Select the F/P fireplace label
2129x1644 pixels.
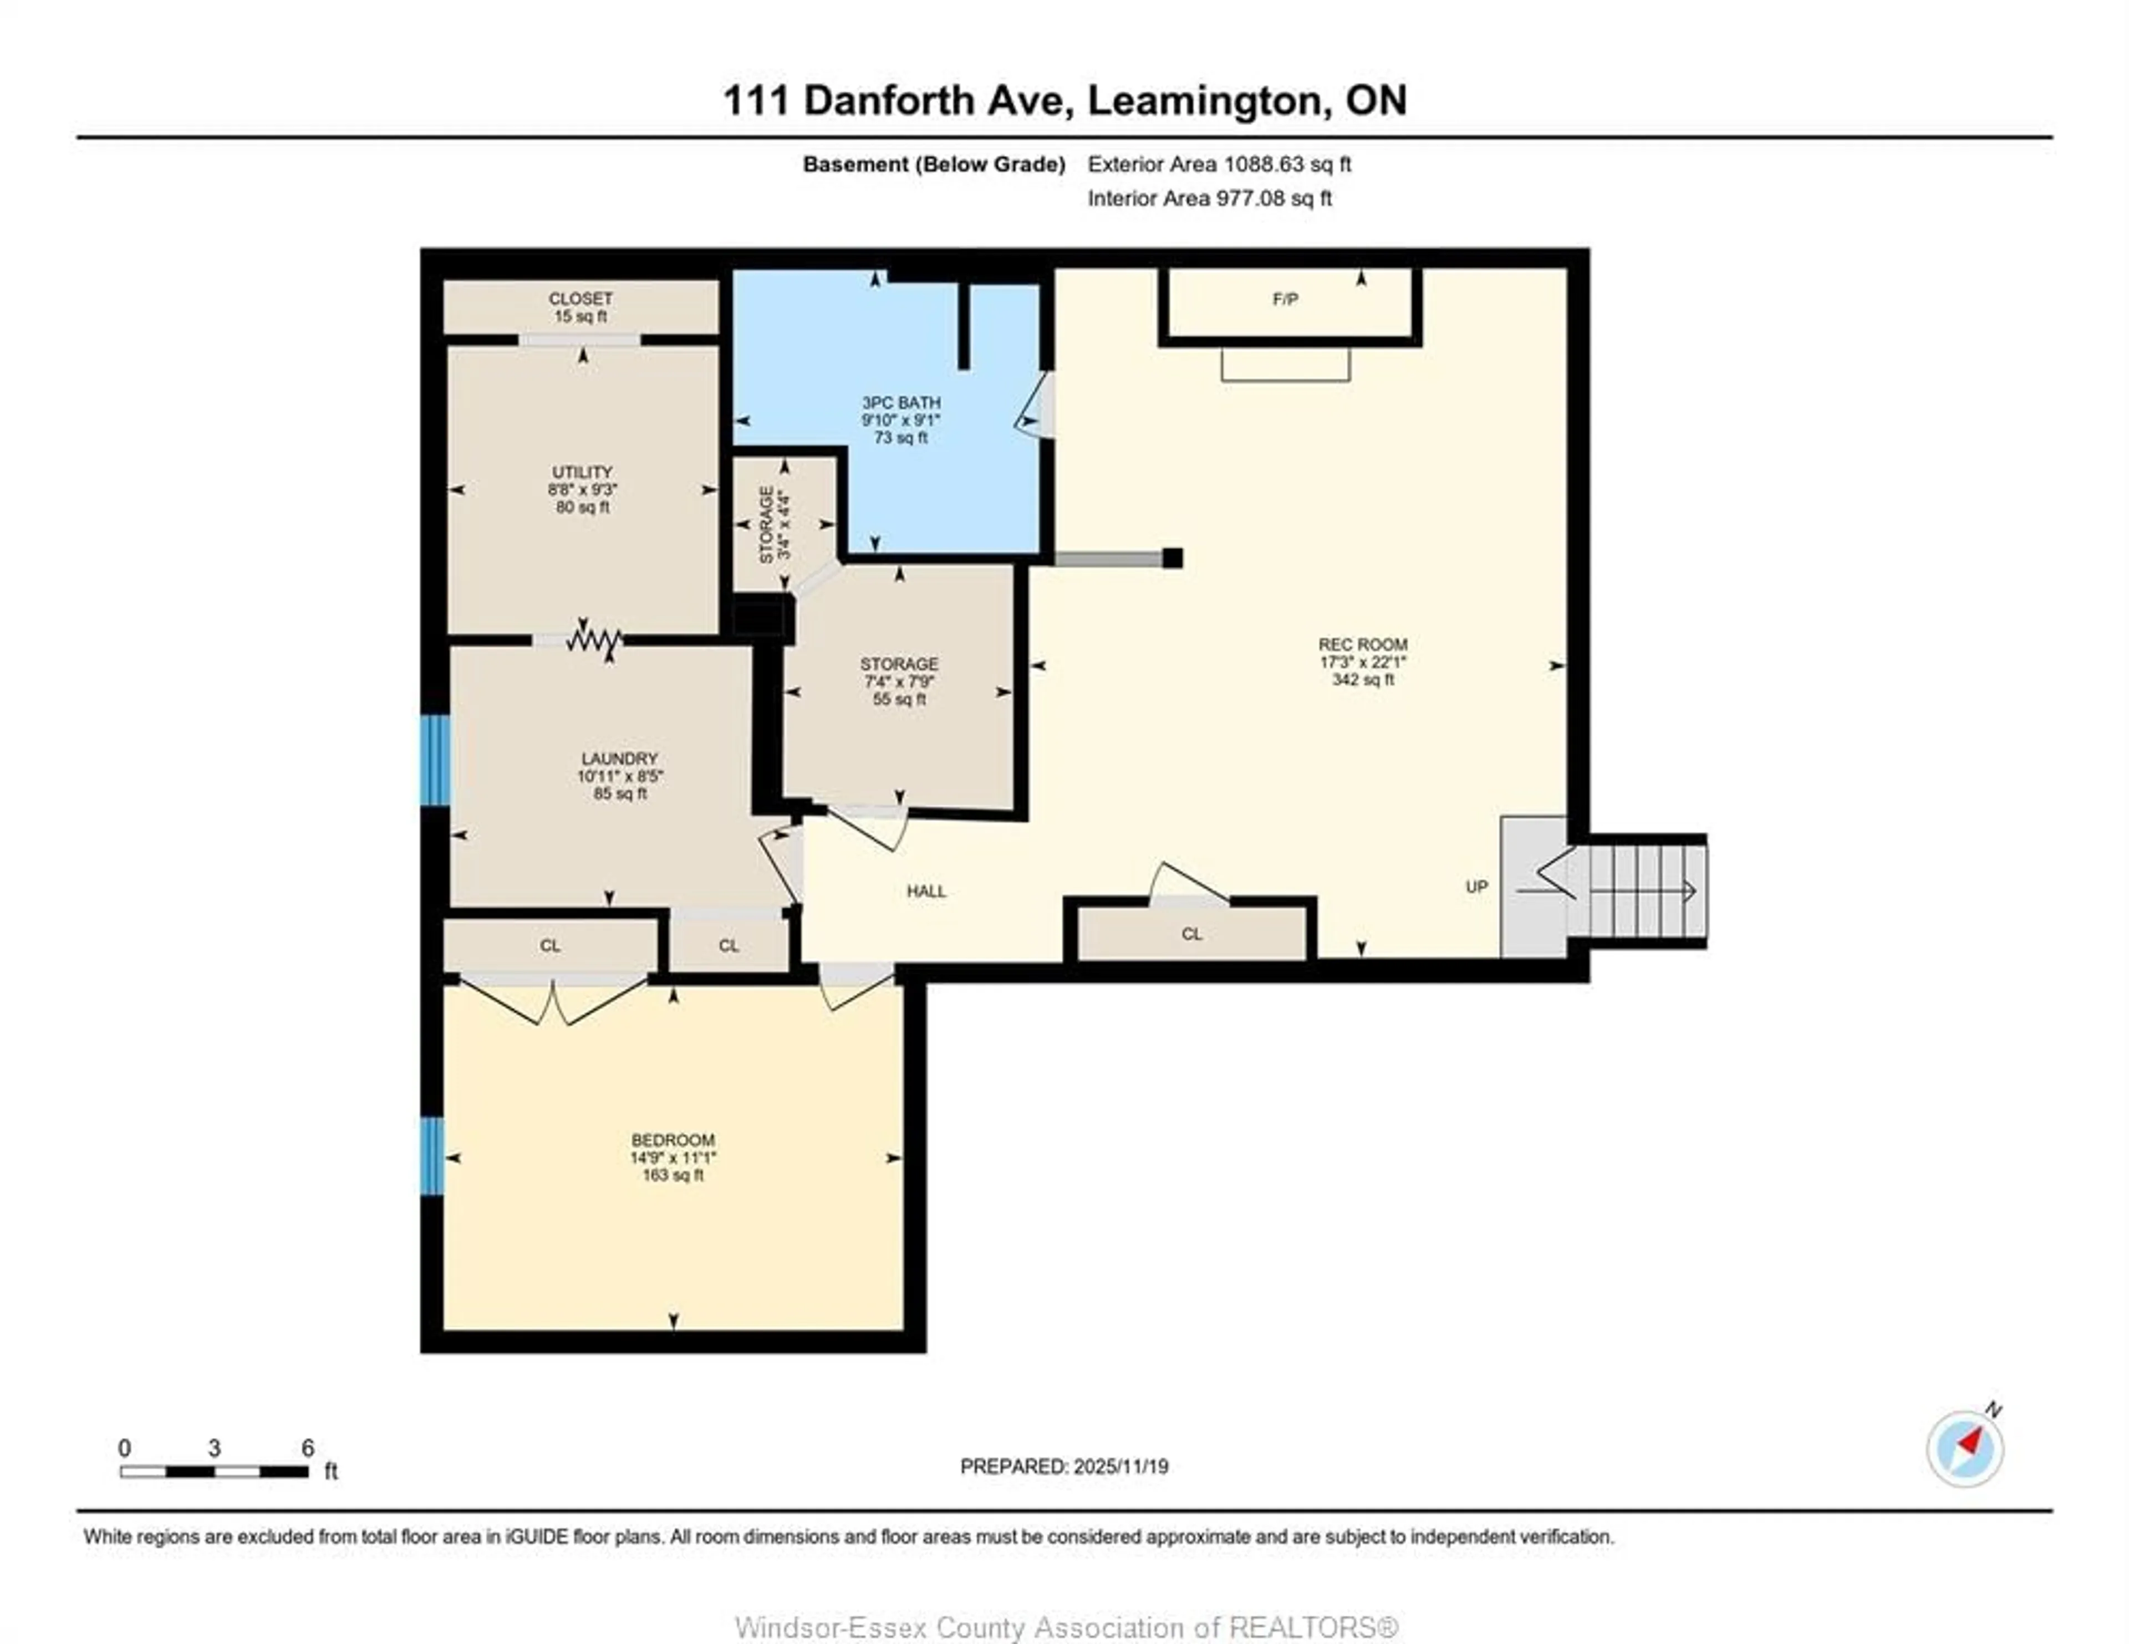tap(1285, 299)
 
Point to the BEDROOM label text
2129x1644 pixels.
tap(673, 1139)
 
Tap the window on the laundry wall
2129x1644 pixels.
tap(435, 760)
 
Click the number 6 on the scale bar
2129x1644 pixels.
tap(307, 1448)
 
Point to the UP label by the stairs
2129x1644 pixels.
tap(1476, 887)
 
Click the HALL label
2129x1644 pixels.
tap(925, 890)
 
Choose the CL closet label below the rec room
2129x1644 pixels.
tap(1191, 934)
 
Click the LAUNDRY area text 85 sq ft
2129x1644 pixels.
tap(620, 793)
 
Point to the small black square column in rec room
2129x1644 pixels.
tap(1173, 557)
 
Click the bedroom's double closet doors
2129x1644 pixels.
tap(553, 1000)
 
